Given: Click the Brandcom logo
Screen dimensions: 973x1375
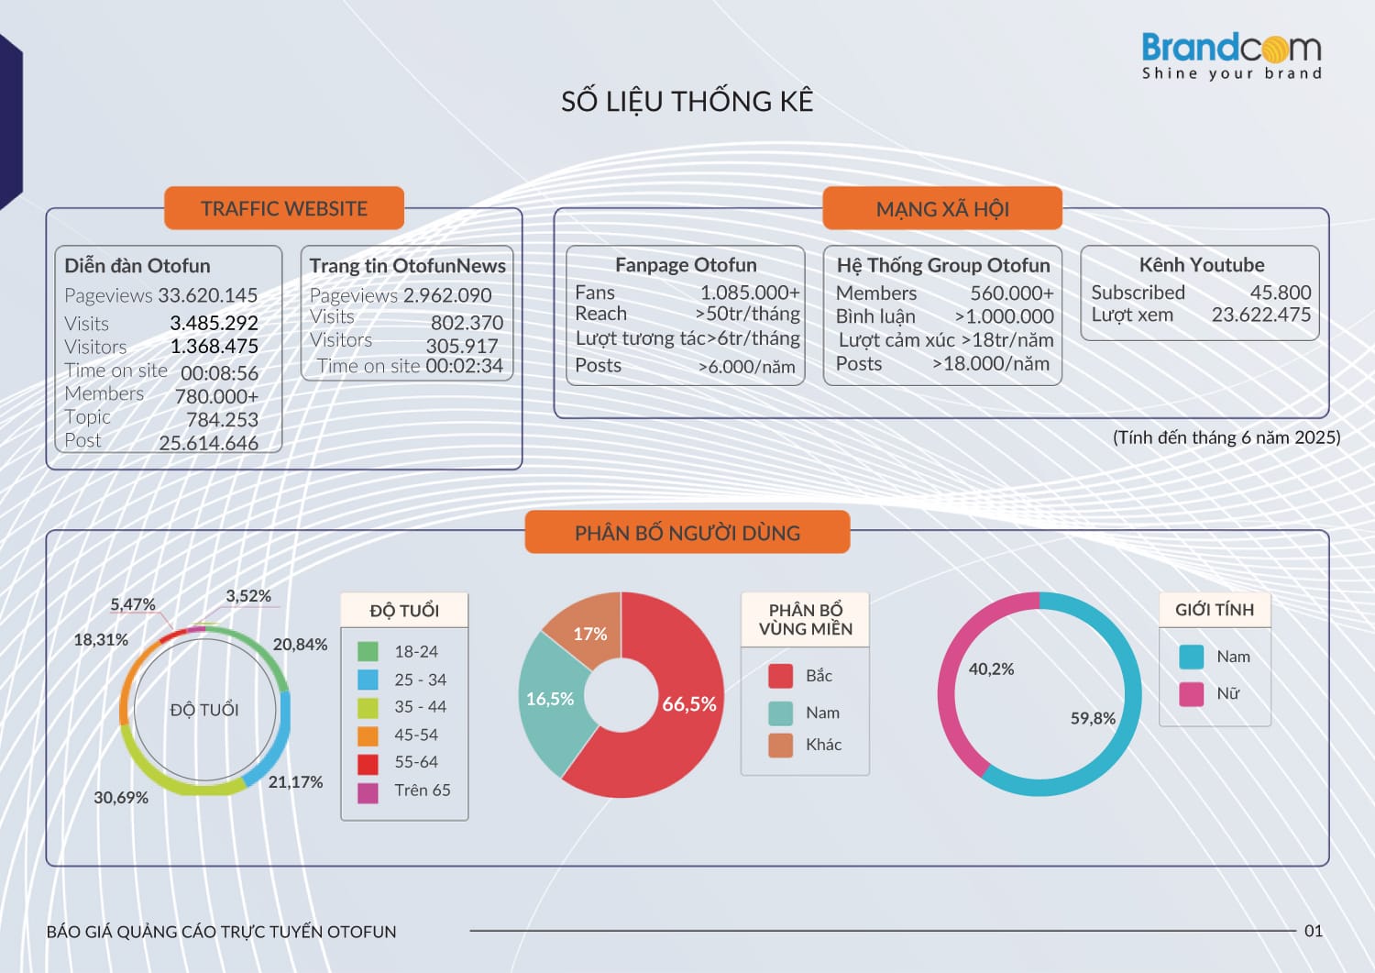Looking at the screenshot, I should coord(1231,56).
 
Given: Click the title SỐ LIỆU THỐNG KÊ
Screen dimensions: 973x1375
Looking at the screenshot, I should coord(687,101).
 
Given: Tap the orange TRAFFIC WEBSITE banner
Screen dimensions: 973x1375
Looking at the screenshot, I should coord(284,208).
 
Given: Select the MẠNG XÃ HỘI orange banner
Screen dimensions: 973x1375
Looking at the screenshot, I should coord(942,209).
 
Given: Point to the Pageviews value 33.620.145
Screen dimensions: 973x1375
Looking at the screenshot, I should coord(208,295).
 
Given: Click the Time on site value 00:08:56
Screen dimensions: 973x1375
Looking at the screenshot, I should coord(219,373).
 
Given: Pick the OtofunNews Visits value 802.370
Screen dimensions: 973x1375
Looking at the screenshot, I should coord(467,323).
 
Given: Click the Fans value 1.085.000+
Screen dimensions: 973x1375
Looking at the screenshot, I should coord(750,293).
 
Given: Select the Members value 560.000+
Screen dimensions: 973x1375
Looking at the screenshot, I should coord(1012,293).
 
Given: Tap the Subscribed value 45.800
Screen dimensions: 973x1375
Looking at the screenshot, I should coord(1281,293).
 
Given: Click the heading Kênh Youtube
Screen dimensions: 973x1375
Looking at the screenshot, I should coord(1201,265).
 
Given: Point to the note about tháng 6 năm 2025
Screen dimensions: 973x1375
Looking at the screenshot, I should coord(1226,437).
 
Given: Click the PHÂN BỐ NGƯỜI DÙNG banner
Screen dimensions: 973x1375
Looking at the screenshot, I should coord(687,533).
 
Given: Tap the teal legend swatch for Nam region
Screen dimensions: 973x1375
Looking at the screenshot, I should coord(781,713).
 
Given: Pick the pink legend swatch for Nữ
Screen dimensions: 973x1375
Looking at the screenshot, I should coord(1191,693).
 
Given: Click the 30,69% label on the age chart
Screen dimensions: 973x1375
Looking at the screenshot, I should coord(121,798).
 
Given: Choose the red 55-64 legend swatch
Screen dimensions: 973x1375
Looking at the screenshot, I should coord(368,763).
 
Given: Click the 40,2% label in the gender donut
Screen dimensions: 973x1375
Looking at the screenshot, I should coord(991,669).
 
